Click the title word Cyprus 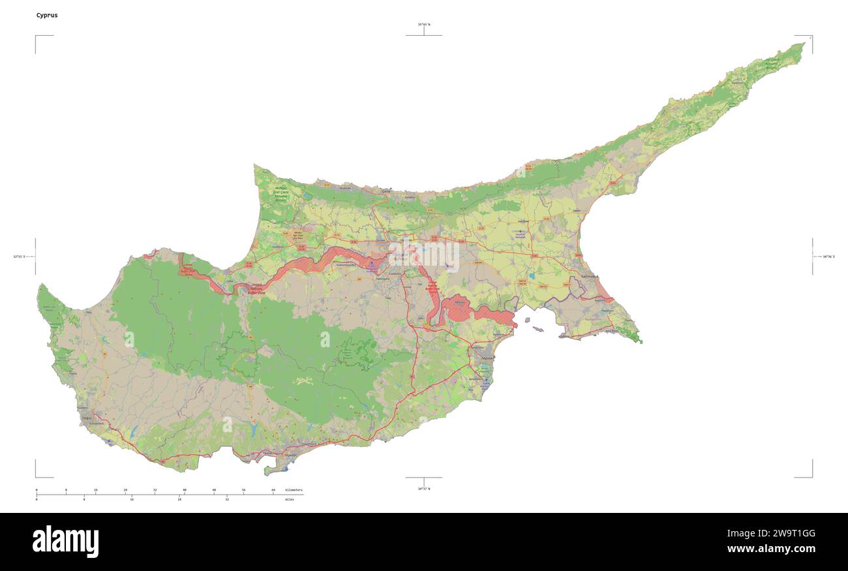click(x=47, y=15)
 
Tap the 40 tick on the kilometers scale click(x=185, y=490)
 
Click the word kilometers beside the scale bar click(x=295, y=489)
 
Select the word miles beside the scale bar click(x=289, y=499)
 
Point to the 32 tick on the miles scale click(x=227, y=499)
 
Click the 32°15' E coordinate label click(x=18, y=256)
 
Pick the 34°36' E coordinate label click(x=828, y=256)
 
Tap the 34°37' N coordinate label click(x=424, y=488)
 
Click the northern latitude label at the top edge click(x=424, y=25)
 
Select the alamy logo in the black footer click(x=65, y=542)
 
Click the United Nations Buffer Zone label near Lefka click(x=256, y=288)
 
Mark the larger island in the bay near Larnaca click(x=537, y=330)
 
